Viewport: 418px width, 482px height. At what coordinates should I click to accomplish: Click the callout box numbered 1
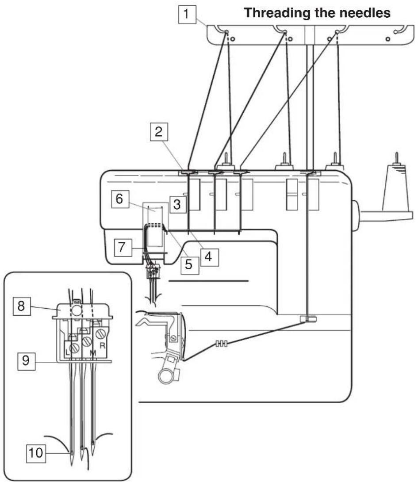pyautogui.click(x=187, y=14)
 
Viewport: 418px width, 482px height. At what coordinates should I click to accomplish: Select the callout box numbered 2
pyautogui.click(x=159, y=132)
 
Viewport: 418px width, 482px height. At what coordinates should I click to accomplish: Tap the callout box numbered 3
pyautogui.click(x=177, y=204)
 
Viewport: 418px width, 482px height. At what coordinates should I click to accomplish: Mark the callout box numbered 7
pyautogui.click(x=123, y=248)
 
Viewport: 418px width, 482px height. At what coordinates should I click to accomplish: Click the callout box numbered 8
pyautogui.click(x=22, y=306)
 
